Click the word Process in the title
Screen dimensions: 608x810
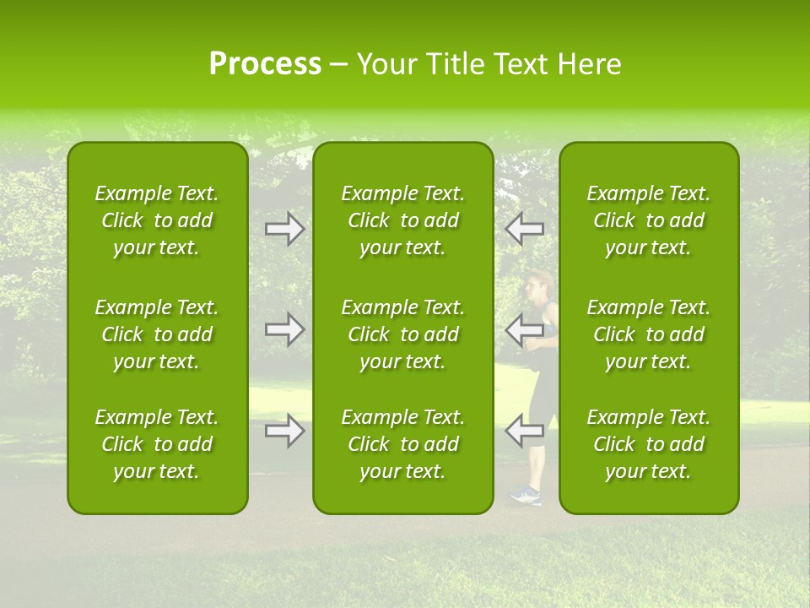(265, 64)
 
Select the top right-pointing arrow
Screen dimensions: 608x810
(285, 229)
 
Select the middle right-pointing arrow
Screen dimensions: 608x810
(285, 329)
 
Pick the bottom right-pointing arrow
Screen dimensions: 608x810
(285, 431)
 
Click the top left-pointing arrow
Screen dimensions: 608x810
(524, 229)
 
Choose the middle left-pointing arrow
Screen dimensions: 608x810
(524, 329)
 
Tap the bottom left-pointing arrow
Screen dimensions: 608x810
(524, 431)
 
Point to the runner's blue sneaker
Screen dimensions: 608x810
(526, 495)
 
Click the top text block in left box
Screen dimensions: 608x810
(157, 220)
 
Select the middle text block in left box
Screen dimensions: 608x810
(157, 334)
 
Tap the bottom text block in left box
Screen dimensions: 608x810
(157, 444)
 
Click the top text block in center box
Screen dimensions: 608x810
(403, 220)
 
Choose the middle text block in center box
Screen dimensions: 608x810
(403, 334)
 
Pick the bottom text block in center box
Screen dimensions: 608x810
(403, 444)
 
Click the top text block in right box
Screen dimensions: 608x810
(649, 220)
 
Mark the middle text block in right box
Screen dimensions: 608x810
(649, 334)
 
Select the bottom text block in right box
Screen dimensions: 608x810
(649, 444)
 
